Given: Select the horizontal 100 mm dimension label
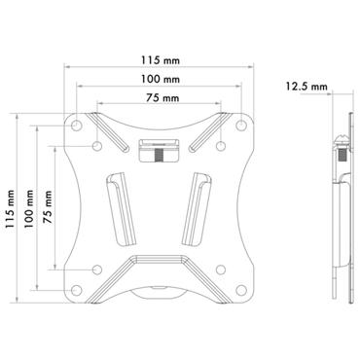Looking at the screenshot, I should (x=162, y=80).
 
